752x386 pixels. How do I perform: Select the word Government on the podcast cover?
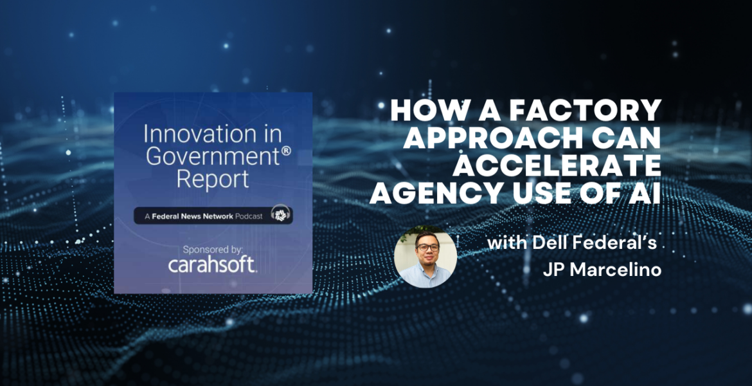tap(207, 156)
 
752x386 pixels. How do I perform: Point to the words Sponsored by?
tap(213, 248)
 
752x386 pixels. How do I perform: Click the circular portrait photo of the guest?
tap(425, 256)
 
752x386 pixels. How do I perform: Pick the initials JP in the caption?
tap(552, 270)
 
